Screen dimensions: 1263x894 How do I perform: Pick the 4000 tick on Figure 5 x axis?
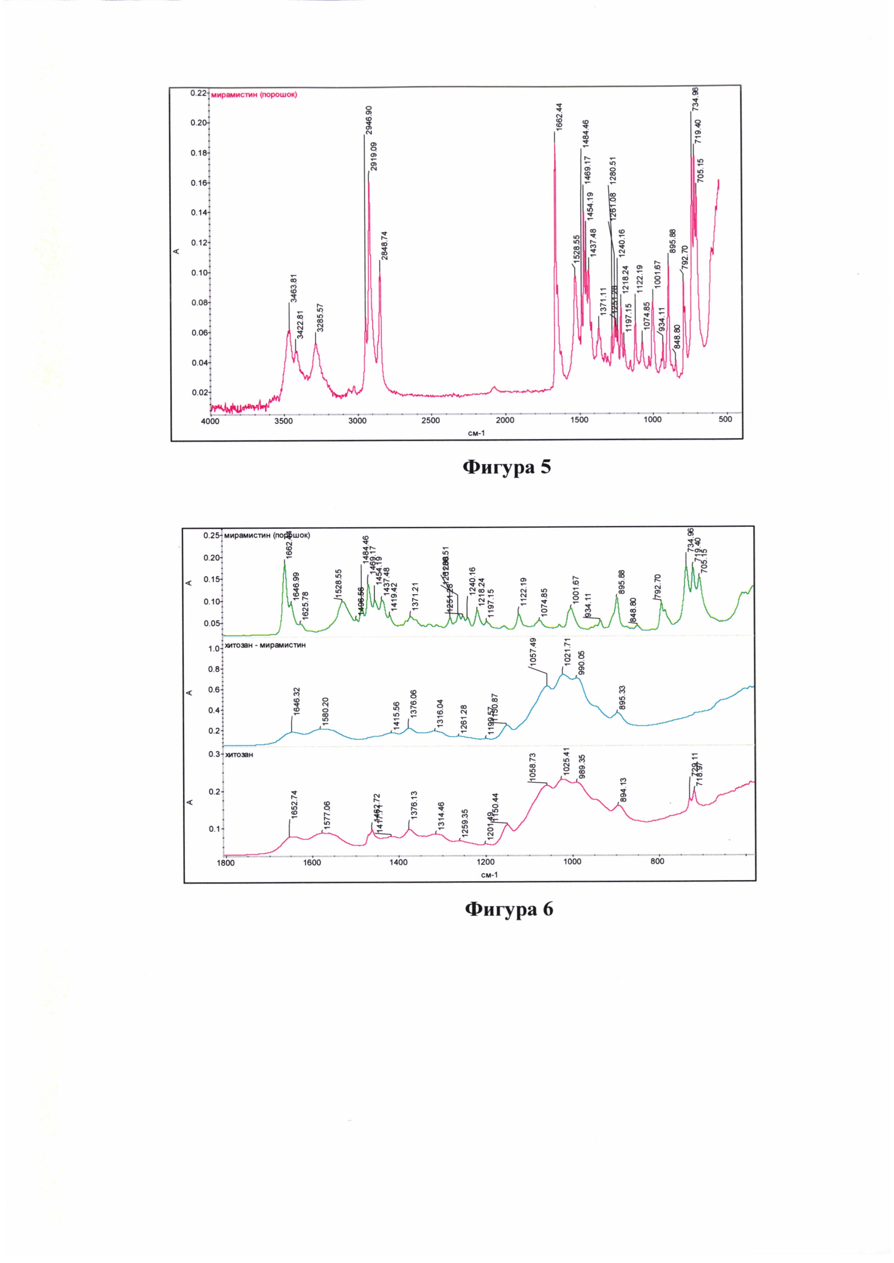click(210, 421)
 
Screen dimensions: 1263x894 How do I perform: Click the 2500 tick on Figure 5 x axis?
click(431, 421)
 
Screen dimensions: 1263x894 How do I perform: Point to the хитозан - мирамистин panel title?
click(265, 645)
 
